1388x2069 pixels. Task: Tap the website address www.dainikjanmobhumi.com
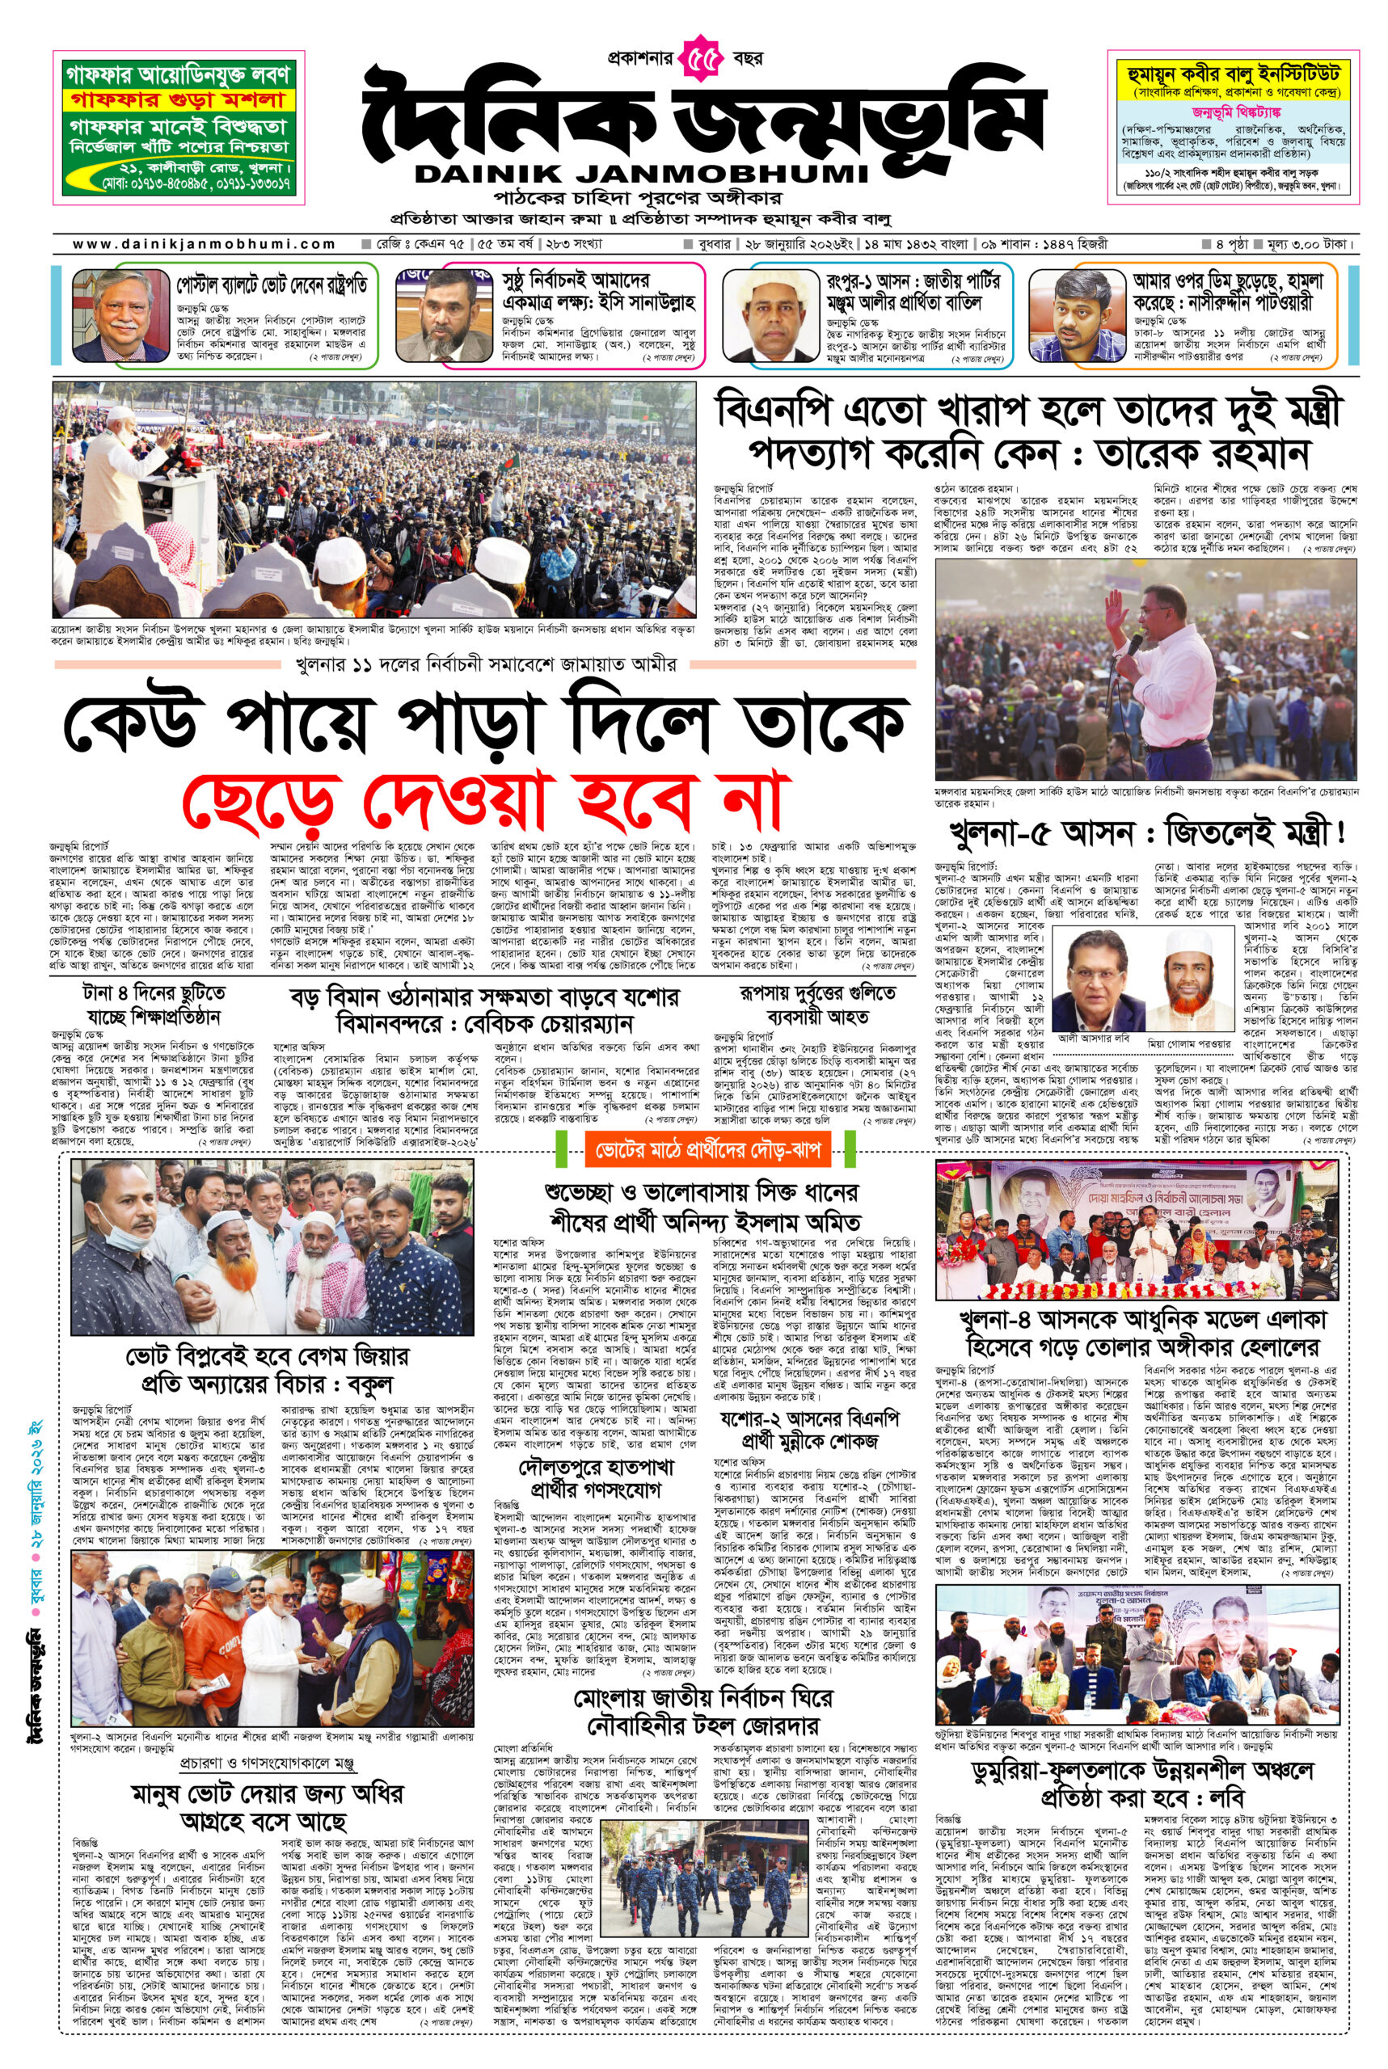pos(204,244)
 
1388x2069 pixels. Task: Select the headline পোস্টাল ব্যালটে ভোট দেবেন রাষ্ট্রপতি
pos(271,286)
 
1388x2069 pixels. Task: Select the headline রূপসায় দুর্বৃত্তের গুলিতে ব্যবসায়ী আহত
pos(816,1005)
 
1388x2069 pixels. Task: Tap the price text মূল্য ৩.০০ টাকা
pos(1306,244)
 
